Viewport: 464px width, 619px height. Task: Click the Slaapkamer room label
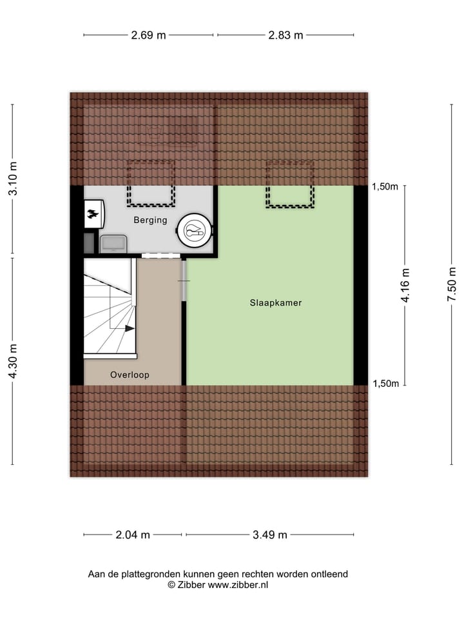click(276, 302)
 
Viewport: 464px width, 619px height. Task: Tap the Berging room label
click(150, 220)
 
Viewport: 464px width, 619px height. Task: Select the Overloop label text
click(130, 375)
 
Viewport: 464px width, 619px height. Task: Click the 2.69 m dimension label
click(149, 35)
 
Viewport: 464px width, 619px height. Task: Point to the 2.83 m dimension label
click(285, 35)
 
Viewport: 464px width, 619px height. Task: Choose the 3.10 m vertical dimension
click(13, 180)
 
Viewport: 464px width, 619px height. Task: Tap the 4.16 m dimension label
click(405, 285)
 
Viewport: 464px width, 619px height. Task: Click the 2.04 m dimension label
click(133, 535)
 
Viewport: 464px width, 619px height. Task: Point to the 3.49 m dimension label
click(270, 535)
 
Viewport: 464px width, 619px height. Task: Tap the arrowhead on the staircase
click(130, 328)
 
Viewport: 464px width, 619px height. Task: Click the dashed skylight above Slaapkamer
click(291, 184)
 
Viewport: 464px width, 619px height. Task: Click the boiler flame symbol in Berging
click(93, 215)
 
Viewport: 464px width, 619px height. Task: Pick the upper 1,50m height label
click(385, 187)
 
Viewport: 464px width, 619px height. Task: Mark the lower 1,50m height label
click(385, 384)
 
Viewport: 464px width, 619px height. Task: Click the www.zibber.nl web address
click(238, 585)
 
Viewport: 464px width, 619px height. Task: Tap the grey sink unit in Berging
click(114, 243)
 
